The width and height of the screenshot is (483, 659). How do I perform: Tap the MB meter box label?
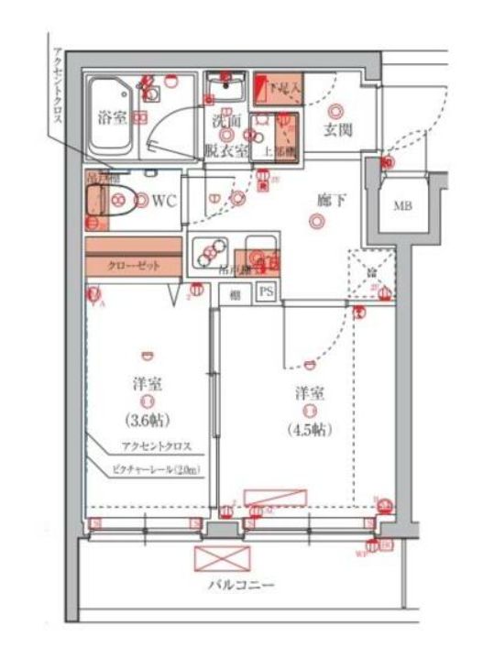click(403, 204)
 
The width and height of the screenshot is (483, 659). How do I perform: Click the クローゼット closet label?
click(134, 265)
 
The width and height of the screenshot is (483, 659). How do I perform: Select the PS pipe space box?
click(267, 292)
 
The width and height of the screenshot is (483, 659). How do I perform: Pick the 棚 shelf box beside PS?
click(236, 293)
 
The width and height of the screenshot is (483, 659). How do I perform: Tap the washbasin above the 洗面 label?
click(225, 89)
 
